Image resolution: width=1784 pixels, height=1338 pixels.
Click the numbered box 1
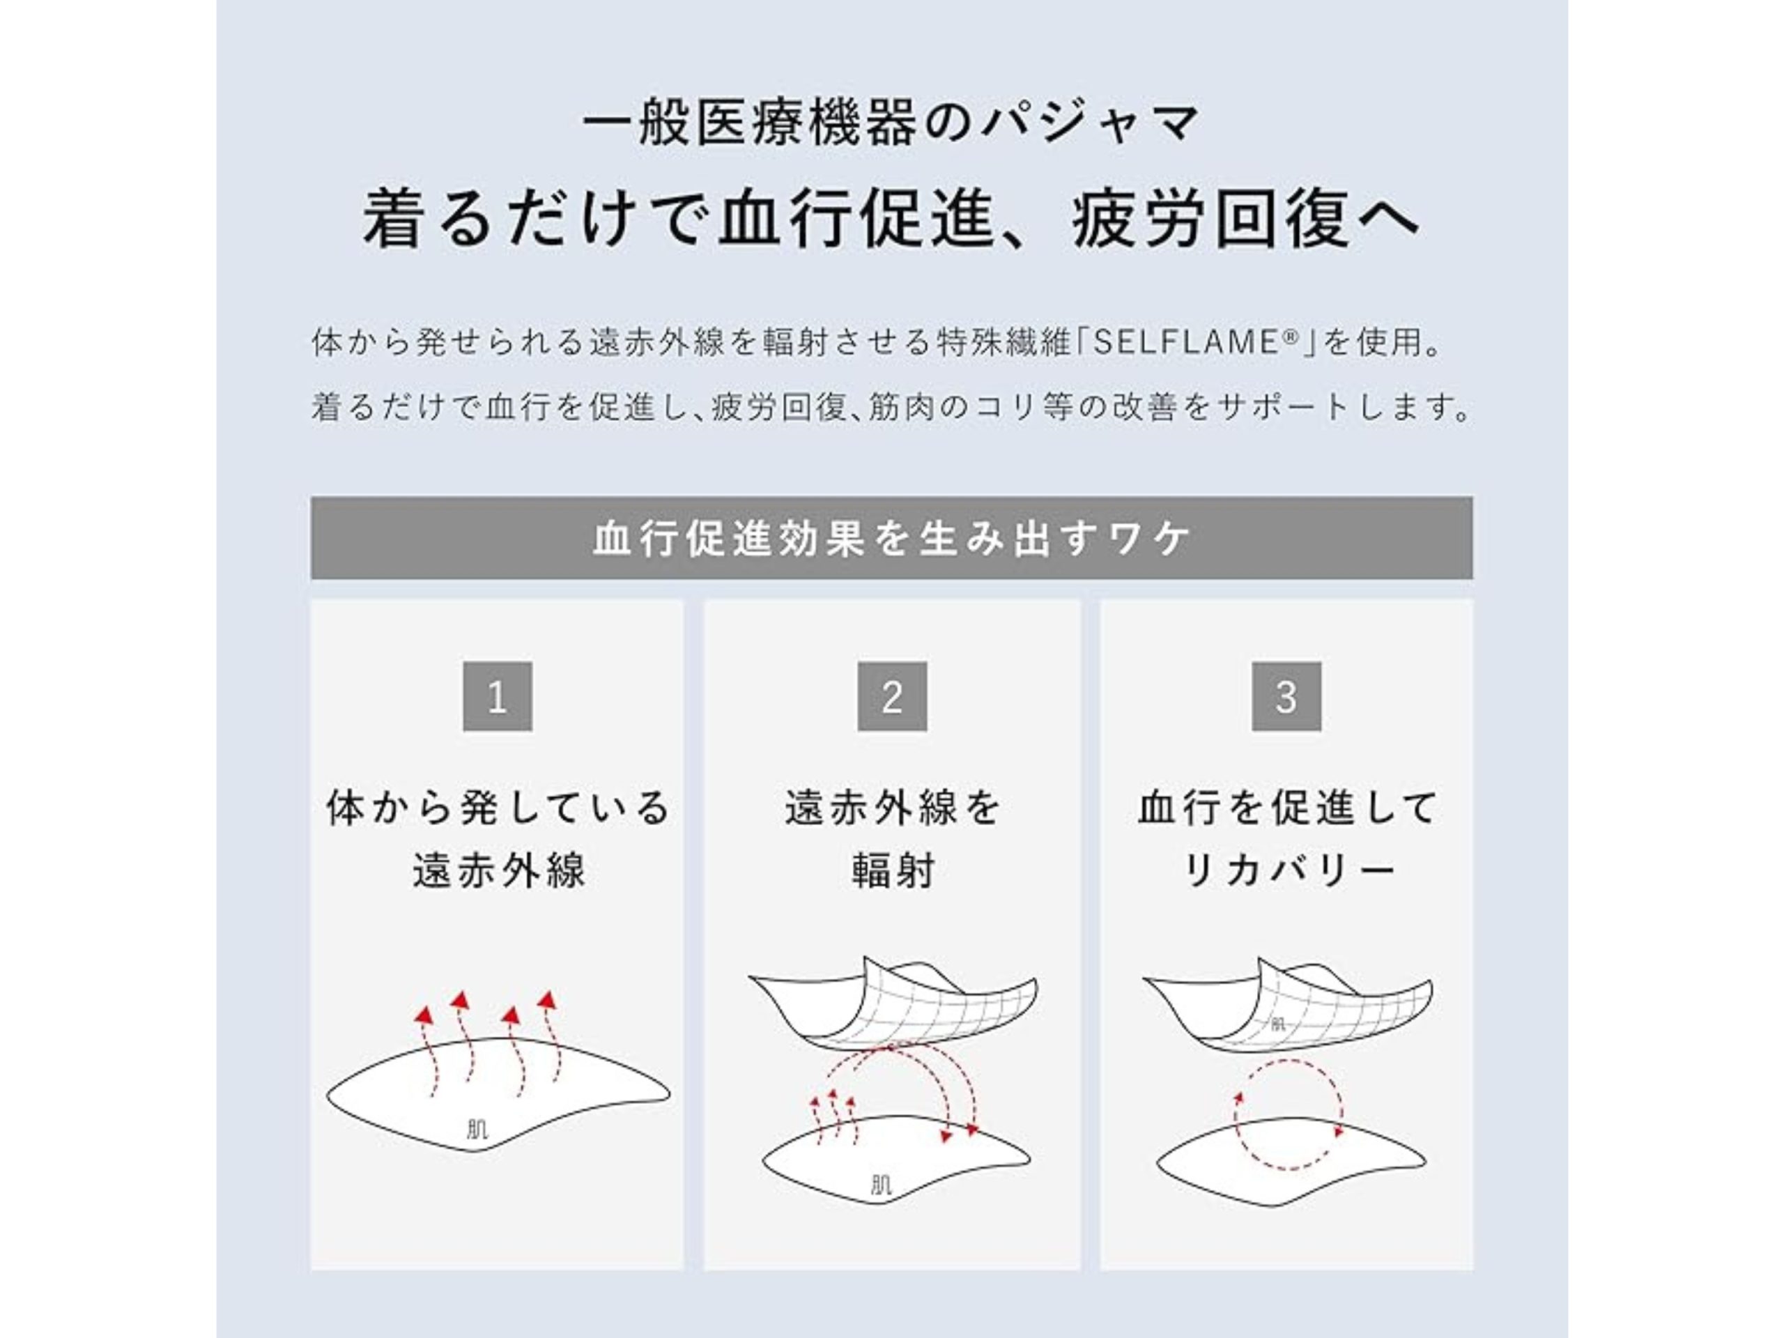pyautogui.click(x=497, y=696)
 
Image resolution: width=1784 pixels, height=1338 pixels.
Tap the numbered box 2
pyautogui.click(x=892, y=696)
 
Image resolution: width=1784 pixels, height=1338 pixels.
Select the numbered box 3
pyautogui.click(x=1286, y=696)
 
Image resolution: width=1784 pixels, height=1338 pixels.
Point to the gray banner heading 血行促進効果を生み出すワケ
pyautogui.click(x=892, y=538)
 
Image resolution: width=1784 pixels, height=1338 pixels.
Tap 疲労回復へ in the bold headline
pyautogui.click(x=1245, y=220)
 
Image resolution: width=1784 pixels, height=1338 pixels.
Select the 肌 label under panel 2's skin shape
pyautogui.click(x=882, y=1185)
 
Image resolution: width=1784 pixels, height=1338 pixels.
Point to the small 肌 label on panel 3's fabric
pyautogui.click(x=1277, y=1025)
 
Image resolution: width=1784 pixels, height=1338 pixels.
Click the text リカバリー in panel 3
pyautogui.click(x=1287, y=870)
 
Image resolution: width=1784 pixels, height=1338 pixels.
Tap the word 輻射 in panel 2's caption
pyautogui.click(x=893, y=870)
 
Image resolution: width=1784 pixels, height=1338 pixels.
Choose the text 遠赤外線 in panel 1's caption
pyautogui.click(x=498, y=870)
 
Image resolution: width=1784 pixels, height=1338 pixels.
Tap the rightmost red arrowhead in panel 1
pyautogui.click(x=548, y=999)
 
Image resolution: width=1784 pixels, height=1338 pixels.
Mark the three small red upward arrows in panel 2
pyautogui.click(x=835, y=1117)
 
